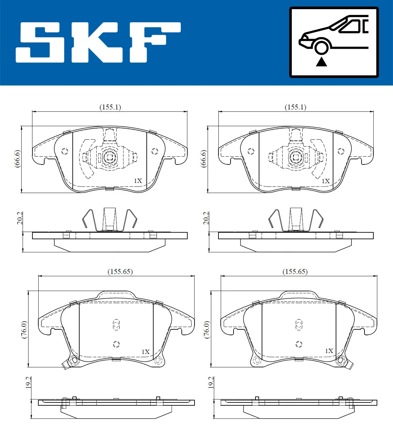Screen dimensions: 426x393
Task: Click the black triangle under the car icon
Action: point(321,62)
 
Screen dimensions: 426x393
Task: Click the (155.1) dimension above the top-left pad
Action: point(110,107)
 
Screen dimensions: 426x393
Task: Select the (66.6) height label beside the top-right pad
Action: point(204,159)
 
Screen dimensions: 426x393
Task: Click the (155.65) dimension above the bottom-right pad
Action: point(295,272)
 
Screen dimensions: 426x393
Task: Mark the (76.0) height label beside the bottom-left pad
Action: point(24,330)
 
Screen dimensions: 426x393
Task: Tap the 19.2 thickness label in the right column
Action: point(211,382)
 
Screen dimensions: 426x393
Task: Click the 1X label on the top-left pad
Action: point(138,181)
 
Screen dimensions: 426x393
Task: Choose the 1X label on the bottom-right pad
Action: point(329,351)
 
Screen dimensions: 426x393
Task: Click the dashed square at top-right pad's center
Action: point(296,158)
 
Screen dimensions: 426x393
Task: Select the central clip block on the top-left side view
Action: point(110,219)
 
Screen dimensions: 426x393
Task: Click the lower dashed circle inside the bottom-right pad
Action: point(299,344)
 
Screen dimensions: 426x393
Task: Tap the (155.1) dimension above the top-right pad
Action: point(295,107)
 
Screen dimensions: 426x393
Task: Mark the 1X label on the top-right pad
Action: point(326,181)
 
